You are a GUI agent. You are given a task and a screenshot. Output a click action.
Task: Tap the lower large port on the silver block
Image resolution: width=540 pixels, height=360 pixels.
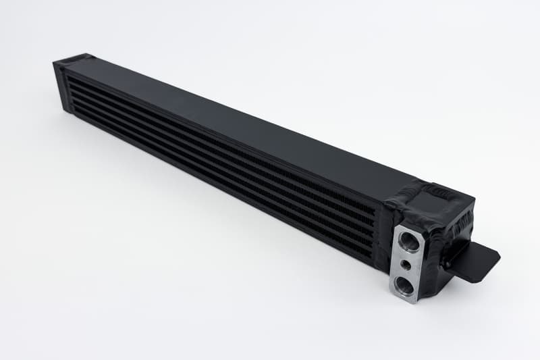click(406, 286)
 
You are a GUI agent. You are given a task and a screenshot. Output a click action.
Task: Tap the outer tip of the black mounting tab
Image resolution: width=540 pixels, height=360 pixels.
click(496, 255)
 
